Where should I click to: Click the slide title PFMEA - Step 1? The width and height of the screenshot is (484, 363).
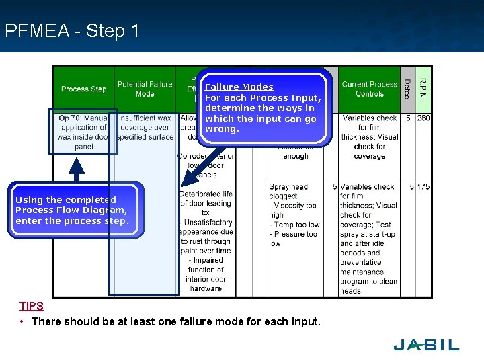pos(72,31)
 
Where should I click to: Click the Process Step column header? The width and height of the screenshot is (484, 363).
pos(83,89)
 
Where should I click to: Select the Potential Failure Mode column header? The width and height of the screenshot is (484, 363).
pos(145,89)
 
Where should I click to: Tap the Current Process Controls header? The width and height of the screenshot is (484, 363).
pos(369,89)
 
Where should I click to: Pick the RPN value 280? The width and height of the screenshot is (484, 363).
pos(424,118)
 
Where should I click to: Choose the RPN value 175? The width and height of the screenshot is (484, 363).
pos(423,187)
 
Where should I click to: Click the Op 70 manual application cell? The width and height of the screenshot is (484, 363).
pos(83,132)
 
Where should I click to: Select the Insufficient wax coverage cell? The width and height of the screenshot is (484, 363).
pos(145,128)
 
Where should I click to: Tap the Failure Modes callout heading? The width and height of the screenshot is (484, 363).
pos(239,87)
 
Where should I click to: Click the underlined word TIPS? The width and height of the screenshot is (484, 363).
pos(32,306)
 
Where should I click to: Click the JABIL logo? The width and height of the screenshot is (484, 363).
pos(426,345)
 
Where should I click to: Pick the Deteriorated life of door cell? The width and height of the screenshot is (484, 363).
pos(206,241)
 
